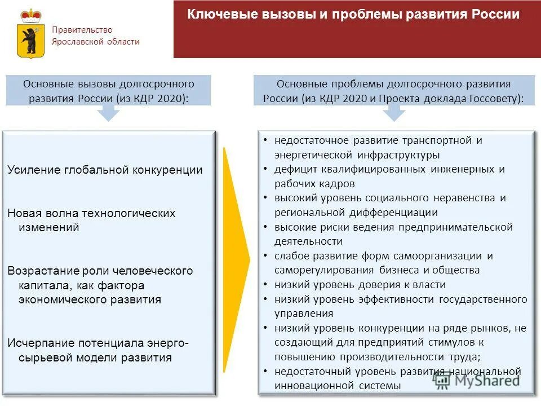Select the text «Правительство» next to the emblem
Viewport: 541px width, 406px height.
pos(82,30)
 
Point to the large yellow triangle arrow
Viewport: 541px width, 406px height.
pos(236,260)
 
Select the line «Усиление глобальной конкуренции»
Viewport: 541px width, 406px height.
pos(105,170)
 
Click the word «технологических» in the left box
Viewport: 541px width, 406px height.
pos(128,213)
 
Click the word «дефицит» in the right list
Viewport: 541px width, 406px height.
pos(294,169)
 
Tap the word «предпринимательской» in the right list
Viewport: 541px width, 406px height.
pos(455,227)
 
